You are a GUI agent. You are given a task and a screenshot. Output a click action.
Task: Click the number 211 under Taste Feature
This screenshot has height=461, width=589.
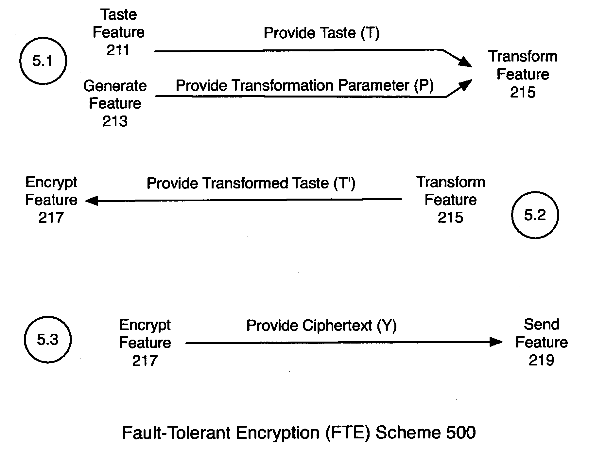118,50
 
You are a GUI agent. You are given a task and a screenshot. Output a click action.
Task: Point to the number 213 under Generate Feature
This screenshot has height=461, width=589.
115,121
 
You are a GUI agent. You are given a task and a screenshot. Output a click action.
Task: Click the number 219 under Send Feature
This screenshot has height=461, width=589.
541,360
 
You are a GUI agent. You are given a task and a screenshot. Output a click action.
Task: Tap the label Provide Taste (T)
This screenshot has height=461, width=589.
321,33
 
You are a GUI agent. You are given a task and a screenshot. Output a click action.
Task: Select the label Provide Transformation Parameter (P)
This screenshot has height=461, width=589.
304,86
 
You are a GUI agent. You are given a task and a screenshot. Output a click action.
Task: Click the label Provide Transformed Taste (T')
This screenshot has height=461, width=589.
251,183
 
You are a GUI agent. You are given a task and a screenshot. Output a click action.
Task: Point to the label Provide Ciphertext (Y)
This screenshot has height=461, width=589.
321,326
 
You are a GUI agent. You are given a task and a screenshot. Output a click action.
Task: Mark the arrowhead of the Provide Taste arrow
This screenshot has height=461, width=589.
466,62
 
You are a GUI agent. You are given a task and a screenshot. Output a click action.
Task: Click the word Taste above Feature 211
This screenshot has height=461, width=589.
118,15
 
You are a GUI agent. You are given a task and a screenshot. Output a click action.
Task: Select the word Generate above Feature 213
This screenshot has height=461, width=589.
115,86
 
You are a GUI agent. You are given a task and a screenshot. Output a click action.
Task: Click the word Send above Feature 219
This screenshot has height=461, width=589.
541,325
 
